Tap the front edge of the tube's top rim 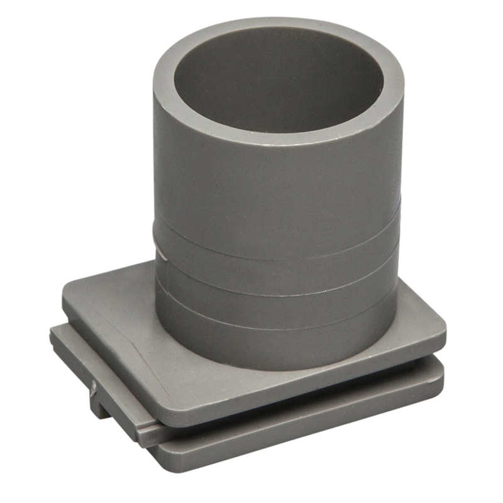tap(277, 135)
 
